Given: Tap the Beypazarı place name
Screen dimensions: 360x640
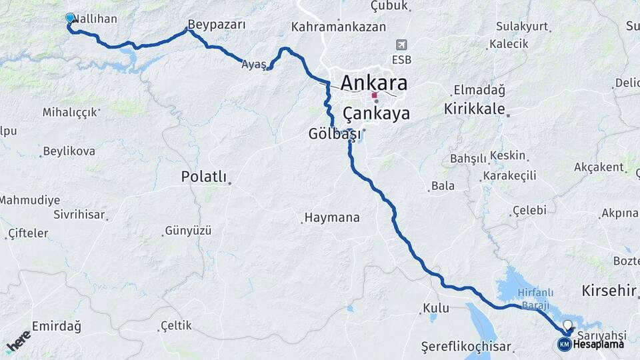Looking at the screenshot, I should tap(217, 25).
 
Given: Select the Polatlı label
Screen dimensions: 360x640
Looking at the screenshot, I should tap(204, 177).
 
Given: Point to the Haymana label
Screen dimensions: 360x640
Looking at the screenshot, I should tap(332, 217).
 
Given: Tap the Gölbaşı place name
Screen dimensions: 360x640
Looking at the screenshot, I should tap(335, 133).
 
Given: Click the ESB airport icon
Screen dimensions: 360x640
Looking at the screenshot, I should tap(401, 45).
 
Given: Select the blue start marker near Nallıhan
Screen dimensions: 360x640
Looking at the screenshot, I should tap(70, 18).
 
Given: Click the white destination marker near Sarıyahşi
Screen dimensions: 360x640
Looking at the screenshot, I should tap(567, 325).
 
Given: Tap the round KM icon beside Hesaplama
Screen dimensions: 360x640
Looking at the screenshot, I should tap(564, 344).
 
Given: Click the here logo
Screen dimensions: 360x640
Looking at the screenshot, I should tap(19, 341).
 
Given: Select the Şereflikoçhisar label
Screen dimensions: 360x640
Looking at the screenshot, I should tap(466, 347).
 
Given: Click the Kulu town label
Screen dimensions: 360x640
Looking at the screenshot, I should tap(436, 309).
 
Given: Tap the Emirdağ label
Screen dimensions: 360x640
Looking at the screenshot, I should tap(56, 327).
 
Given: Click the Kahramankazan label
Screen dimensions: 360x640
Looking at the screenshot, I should tap(339, 27).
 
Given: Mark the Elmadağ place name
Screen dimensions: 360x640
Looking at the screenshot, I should tap(479, 89).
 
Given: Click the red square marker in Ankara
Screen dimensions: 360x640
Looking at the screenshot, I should tap(375, 95).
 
